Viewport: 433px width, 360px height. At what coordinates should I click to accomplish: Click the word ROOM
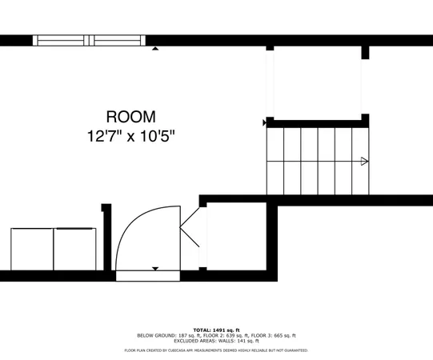coord(131,117)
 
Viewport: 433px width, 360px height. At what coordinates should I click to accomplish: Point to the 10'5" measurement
coord(156,136)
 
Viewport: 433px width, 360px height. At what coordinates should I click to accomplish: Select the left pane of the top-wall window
coord(62,40)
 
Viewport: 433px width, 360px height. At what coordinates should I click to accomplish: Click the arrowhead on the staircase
coord(365,162)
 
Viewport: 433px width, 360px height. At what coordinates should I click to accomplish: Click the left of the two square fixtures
coord(32,250)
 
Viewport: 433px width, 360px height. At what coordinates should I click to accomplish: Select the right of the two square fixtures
coord(74,250)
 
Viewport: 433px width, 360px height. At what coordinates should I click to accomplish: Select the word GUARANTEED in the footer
coord(294,350)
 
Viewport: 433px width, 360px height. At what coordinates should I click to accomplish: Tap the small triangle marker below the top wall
coord(155,48)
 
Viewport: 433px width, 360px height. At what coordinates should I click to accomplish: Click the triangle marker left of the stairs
coord(265,122)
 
